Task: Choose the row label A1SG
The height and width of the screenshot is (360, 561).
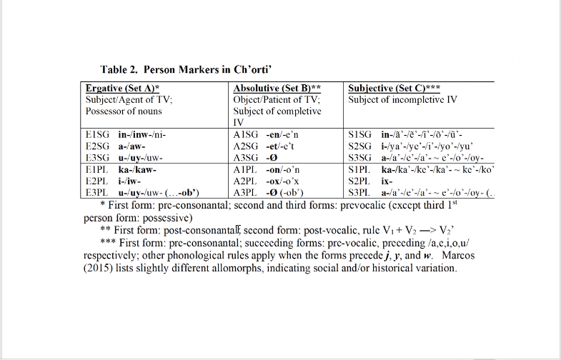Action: (x=247, y=134)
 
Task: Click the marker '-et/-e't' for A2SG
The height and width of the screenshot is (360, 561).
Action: (x=280, y=146)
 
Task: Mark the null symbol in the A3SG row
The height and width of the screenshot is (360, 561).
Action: (x=271, y=158)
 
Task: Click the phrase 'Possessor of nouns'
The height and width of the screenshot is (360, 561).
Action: (x=124, y=111)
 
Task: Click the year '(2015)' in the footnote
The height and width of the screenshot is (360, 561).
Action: (x=99, y=268)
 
